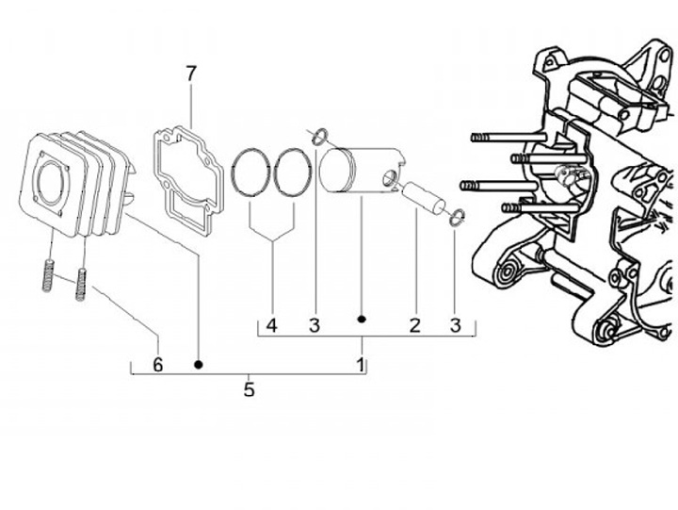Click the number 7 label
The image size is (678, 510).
[191, 73]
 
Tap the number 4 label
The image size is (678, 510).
[271, 326]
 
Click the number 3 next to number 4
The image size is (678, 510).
[315, 326]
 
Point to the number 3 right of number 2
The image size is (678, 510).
[456, 326]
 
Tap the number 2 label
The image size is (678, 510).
[413, 326]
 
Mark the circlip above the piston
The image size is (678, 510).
[319, 137]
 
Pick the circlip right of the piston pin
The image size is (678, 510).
[457, 219]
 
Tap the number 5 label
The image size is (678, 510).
[249, 388]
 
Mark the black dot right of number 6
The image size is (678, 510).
[198, 363]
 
